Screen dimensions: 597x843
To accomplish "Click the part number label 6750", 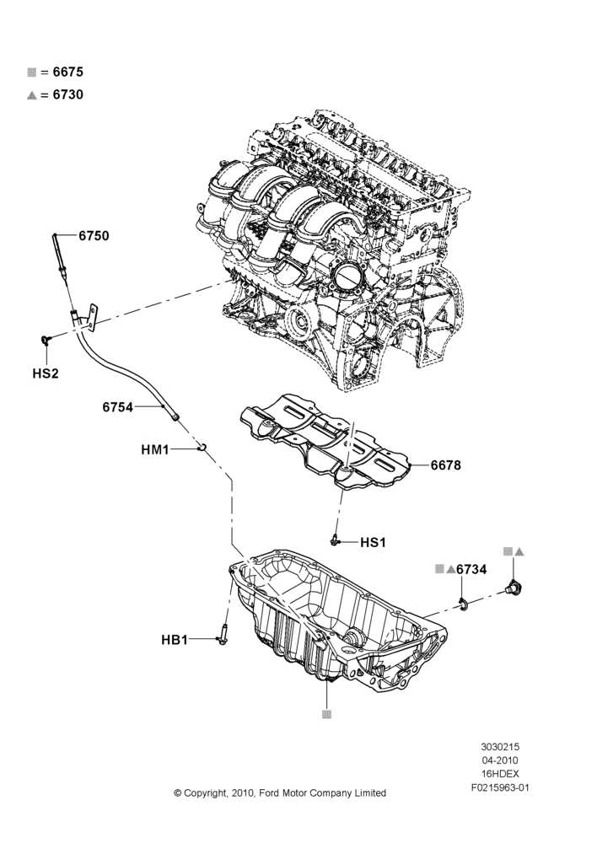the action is point(94,235).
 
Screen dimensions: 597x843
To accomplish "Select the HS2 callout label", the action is point(46,373).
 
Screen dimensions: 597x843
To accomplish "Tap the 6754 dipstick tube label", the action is point(118,407).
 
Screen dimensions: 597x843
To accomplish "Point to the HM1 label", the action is point(155,449).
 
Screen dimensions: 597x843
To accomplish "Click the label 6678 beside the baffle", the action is point(446,465).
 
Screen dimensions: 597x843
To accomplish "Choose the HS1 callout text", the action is point(373,542).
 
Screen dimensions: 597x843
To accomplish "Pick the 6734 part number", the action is point(471,569).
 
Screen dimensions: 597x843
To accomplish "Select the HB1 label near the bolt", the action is point(175,640).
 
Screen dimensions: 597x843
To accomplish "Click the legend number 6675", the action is point(68,72).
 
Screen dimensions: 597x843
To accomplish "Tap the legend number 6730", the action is point(68,94).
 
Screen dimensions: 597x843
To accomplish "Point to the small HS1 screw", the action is point(335,540).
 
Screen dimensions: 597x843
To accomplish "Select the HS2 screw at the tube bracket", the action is point(46,339).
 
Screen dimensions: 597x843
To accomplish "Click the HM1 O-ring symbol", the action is point(202,448).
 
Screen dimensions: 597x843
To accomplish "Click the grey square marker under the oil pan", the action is point(326,715).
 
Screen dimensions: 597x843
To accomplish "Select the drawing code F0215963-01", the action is point(500,788).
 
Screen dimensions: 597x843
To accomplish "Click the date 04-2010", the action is point(500,760).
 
